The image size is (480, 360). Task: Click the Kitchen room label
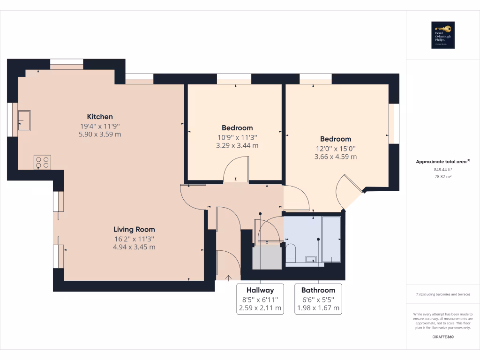point(99,116)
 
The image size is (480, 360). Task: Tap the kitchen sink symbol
point(24,121)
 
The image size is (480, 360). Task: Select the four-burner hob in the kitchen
point(42,162)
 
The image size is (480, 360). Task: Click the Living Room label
point(134,229)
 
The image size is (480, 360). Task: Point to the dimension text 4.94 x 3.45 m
point(134,247)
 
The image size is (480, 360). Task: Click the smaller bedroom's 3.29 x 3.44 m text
point(237,146)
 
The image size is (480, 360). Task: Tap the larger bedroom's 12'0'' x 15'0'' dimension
point(336,148)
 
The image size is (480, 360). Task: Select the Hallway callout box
point(260,299)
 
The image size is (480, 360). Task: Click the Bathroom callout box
point(318,299)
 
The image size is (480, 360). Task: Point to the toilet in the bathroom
point(291,252)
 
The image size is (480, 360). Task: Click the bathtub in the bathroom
point(332,239)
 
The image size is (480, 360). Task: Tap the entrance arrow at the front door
point(229,278)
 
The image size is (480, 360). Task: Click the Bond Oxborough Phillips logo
point(443,35)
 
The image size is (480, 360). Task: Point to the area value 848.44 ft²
point(442,170)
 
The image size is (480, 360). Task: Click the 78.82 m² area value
point(442,177)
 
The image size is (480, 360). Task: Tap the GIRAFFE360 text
point(442,337)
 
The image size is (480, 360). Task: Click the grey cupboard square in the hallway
point(267,257)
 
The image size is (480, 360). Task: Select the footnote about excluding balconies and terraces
point(442,294)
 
